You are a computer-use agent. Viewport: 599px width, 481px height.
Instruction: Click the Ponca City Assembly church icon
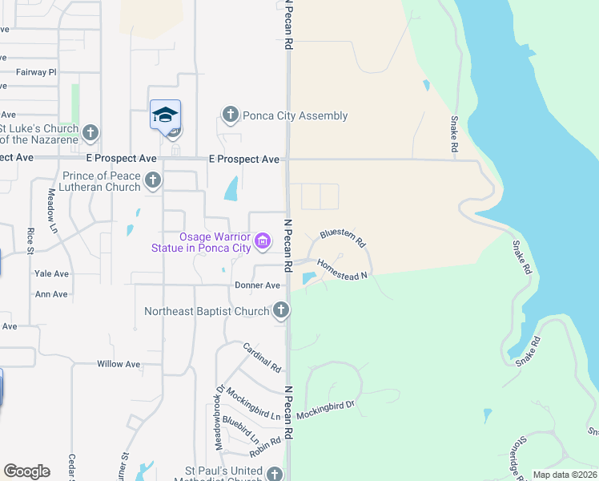coord(231,115)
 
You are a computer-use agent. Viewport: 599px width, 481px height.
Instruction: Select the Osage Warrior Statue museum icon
coord(263,240)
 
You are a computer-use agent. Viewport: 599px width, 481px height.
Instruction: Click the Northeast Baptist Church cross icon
coord(280,310)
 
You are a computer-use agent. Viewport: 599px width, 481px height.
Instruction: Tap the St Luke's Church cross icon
coord(90,133)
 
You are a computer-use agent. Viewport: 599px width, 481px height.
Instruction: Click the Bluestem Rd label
coord(343,237)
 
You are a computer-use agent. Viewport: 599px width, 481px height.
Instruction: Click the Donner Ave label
coord(257,285)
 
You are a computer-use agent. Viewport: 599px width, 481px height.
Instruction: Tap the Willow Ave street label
coord(119,364)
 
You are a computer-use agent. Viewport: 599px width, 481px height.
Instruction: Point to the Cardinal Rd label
coord(262,358)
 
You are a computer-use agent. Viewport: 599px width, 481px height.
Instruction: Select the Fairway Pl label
coord(36,72)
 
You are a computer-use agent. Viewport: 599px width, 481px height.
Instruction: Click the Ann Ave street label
coord(51,294)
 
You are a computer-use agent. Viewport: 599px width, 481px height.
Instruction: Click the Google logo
coord(26,471)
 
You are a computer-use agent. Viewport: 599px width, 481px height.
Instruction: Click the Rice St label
coord(30,240)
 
